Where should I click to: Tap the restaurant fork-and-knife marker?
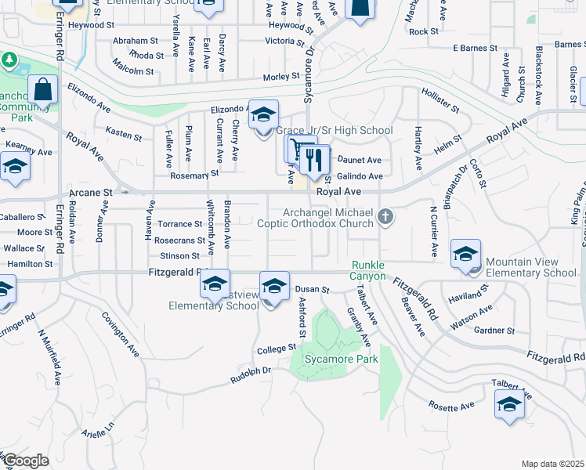click(313, 161)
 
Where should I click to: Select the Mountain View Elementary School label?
click(530, 267)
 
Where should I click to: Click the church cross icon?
click(385, 215)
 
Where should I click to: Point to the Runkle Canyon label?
click(367, 270)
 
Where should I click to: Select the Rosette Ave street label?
click(451, 407)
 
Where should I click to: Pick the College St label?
click(280, 347)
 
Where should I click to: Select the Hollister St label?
click(439, 99)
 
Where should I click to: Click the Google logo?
click(26, 461)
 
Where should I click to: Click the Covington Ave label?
click(120, 334)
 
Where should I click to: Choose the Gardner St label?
click(494, 330)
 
